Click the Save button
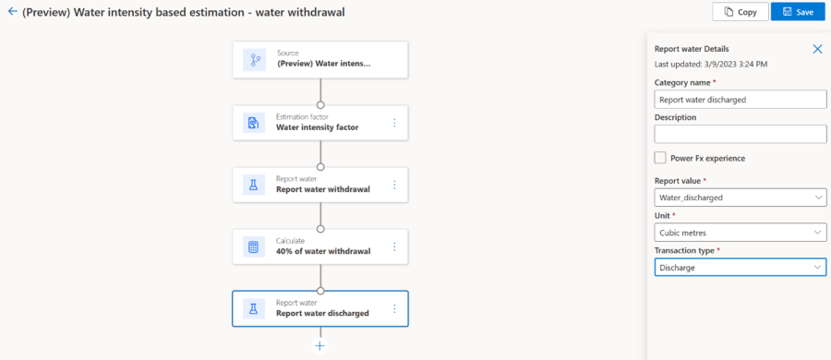tap(798, 12)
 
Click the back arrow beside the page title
tap(13, 11)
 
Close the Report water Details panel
tap(817, 49)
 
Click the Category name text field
tap(741, 99)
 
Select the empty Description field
tap(741, 134)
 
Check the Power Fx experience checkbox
tap(660, 158)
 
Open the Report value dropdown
tap(741, 198)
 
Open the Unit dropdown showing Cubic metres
tap(741, 233)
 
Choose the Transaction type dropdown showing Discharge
tap(741, 267)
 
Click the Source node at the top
tap(320, 60)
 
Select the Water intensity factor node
tap(320, 123)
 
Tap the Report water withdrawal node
tap(320, 185)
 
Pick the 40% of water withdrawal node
tap(320, 246)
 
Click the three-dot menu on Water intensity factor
tap(394, 123)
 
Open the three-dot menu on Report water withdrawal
tap(394, 185)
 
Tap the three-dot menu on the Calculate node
tap(394, 246)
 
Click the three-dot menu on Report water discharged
tap(394, 308)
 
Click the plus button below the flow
tap(320, 346)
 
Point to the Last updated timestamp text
tap(711, 64)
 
